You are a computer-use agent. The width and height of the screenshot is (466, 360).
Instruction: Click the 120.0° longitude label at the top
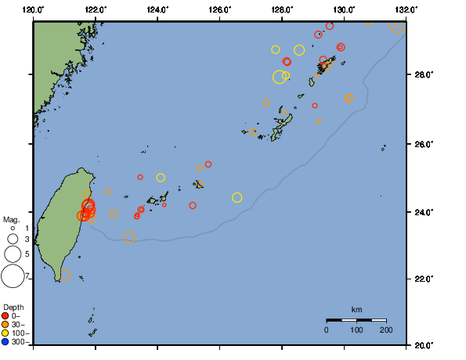[x=34, y=9]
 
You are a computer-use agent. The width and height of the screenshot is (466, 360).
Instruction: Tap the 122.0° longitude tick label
[x=96, y=9]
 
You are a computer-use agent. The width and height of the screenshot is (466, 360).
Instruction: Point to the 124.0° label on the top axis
[x=157, y=9]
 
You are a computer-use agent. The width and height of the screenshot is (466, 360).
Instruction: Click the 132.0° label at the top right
[x=405, y=9]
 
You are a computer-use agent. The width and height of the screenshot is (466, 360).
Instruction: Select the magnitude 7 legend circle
[x=13, y=275]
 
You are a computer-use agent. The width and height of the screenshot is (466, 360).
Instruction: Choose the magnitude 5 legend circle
[x=13, y=254]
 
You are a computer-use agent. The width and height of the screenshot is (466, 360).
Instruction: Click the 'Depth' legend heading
[x=13, y=307]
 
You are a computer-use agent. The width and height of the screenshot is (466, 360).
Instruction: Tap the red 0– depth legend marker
[x=5, y=316]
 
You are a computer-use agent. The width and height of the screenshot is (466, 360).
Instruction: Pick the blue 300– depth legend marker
[x=5, y=341]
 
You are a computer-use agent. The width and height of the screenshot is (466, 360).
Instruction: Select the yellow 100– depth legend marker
[x=5, y=333]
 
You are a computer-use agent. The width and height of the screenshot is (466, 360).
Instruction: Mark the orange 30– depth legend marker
[x=5, y=325]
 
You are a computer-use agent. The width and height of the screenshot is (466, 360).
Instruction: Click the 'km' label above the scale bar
[x=356, y=309]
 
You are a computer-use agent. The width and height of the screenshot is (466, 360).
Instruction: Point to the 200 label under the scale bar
[x=385, y=330]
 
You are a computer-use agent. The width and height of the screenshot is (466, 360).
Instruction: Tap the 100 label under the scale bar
[x=356, y=330]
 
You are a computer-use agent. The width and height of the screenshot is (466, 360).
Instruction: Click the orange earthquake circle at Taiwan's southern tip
[x=65, y=275]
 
